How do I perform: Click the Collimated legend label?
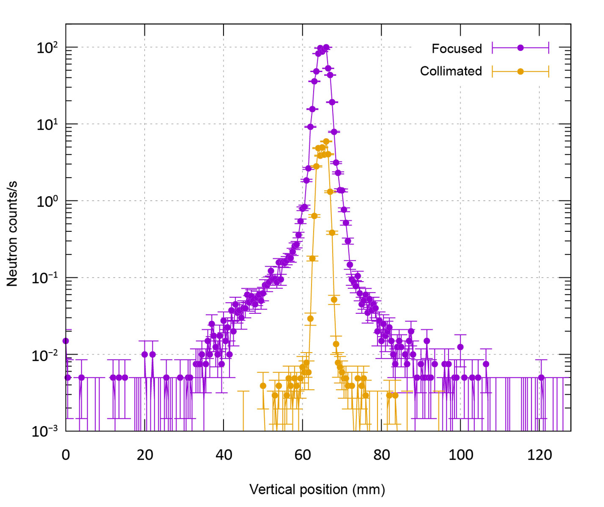[x=450, y=71]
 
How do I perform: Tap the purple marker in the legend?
[x=520, y=48]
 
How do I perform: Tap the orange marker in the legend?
[x=520, y=71]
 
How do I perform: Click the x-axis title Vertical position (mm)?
[x=317, y=488]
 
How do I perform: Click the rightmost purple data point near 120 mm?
[x=541, y=377]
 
